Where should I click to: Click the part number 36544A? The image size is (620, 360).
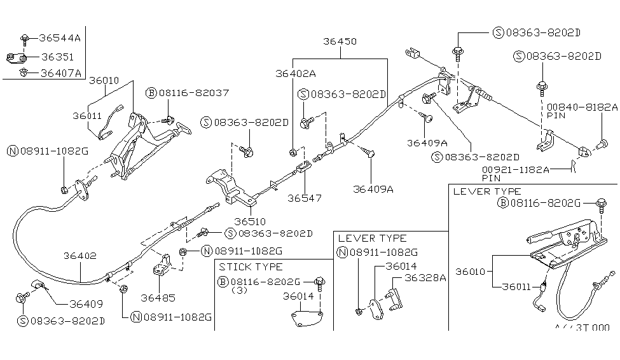pos(60,38)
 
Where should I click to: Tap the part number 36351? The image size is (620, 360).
pos(57,57)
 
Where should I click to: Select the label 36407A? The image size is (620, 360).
pos(60,73)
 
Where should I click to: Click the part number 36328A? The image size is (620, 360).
pos(425,277)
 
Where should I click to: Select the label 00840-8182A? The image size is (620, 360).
pos(581,107)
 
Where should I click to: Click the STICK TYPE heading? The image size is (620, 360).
pos(251,267)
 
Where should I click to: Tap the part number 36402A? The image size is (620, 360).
pos(296,73)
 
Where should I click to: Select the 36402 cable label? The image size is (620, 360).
pos(79,256)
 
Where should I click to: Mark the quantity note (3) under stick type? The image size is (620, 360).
pos(240,290)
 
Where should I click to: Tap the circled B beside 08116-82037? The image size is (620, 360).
pos(151,93)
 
